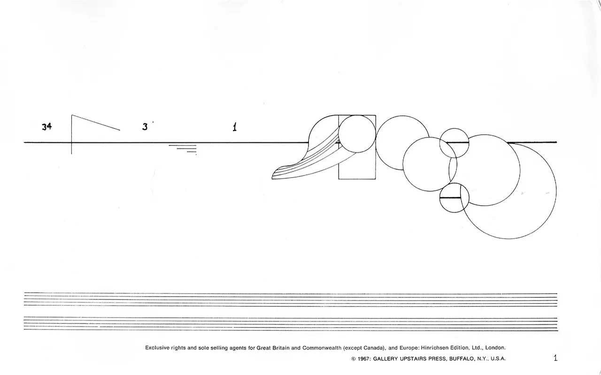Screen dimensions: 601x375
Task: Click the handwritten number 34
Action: (46, 126)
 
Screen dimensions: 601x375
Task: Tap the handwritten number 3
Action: (145, 126)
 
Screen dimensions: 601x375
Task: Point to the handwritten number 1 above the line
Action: (235, 127)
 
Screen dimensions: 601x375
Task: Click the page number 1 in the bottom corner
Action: (555, 358)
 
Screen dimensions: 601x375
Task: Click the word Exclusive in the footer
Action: (157, 348)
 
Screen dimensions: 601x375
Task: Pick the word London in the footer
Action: (495, 348)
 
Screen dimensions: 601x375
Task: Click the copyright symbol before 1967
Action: (354, 359)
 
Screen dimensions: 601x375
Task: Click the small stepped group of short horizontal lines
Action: (183, 150)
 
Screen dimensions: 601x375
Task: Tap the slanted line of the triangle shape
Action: (96, 123)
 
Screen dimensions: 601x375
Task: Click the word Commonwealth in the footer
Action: (322, 348)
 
